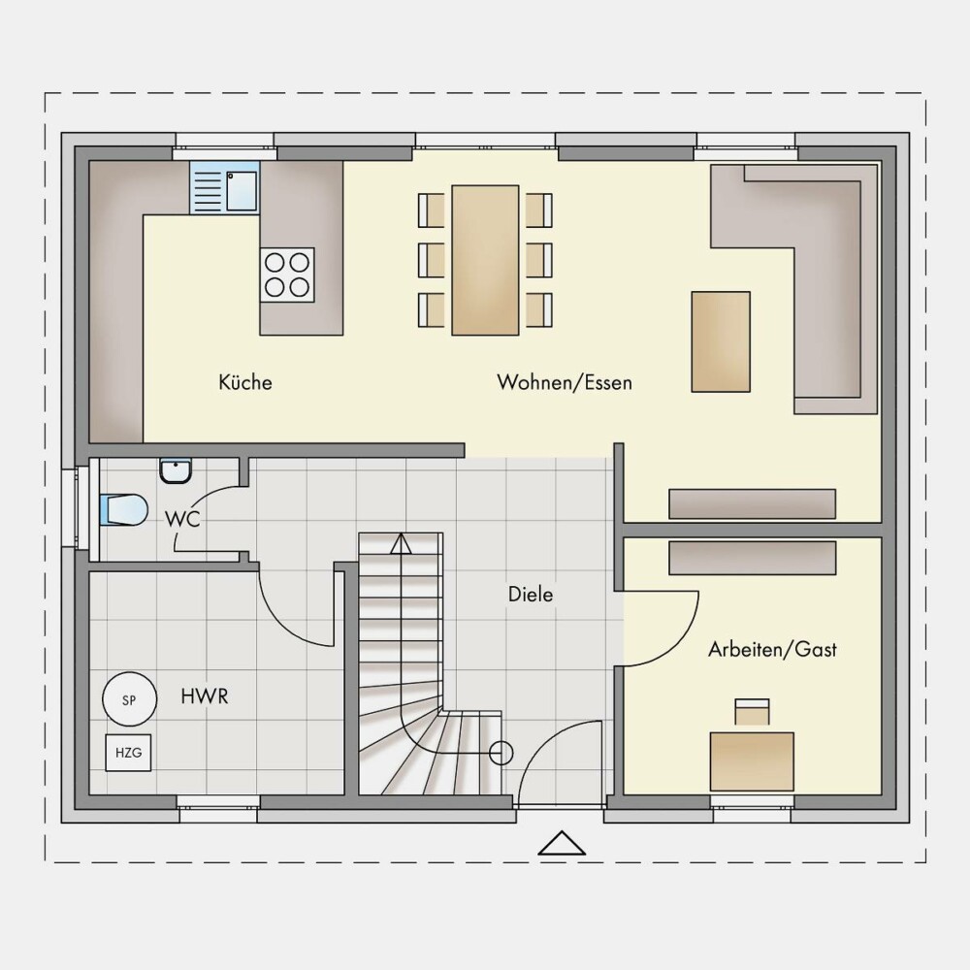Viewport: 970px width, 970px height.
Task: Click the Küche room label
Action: click(245, 381)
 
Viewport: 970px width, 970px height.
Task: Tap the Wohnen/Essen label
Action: click(565, 381)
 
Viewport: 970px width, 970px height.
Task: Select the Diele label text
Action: click(531, 594)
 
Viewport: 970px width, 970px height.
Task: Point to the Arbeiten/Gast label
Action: click(772, 649)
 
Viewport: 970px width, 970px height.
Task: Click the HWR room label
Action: click(204, 696)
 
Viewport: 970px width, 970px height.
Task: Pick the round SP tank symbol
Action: click(129, 699)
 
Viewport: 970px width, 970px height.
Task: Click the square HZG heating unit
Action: click(128, 753)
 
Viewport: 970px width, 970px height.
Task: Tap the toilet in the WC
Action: click(124, 510)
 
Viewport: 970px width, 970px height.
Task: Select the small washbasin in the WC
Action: click(176, 470)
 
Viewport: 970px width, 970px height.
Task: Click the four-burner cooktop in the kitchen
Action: click(287, 275)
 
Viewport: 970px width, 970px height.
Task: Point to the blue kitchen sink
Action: click(225, 187)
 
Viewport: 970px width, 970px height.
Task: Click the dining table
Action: click(485, 260)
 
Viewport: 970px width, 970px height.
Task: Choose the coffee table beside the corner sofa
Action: click(721, 341)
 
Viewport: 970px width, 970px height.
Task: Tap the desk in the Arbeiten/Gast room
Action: click(752, 761)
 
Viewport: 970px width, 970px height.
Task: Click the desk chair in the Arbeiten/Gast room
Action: click(753, 711)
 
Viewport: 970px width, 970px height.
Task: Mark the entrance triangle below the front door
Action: click(562, 843)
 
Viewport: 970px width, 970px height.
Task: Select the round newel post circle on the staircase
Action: click(501, 753)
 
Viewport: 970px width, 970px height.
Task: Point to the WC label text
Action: click(182, 519)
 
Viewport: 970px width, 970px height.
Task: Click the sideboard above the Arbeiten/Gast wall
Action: click(753, 503)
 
